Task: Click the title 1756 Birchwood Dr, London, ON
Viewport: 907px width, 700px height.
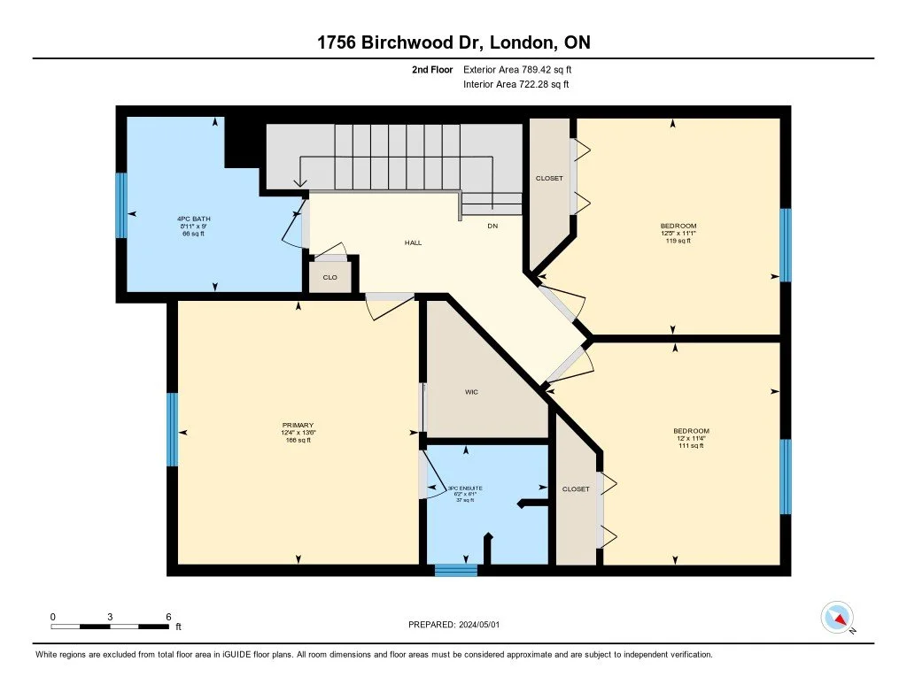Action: coord(453,43)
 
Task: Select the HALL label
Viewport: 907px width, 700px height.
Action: coord(413,242)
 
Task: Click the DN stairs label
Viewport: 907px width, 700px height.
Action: coord(492,226)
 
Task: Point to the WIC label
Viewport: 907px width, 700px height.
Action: coord(472,392)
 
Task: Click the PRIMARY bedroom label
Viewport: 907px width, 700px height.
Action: coord(298,433)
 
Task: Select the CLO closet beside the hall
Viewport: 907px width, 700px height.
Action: coord(329,277)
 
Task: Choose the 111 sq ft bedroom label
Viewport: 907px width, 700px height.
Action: coord(691,438)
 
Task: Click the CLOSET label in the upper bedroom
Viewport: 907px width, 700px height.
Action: coord(549,179)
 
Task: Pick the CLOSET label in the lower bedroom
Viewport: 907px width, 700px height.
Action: coord(576,489)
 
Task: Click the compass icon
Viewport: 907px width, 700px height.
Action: coord(836,617)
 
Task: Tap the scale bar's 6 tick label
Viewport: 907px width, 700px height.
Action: coord(168,616)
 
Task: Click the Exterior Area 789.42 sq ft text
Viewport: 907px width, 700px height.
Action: coord(523,69)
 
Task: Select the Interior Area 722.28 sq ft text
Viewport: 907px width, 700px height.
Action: coord(516,85)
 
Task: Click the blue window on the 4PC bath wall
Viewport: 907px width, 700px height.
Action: coord(121,205)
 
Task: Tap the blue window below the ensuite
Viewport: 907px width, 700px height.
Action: coord(456,571)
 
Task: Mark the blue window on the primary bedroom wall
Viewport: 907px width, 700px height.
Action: coord(173,429)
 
